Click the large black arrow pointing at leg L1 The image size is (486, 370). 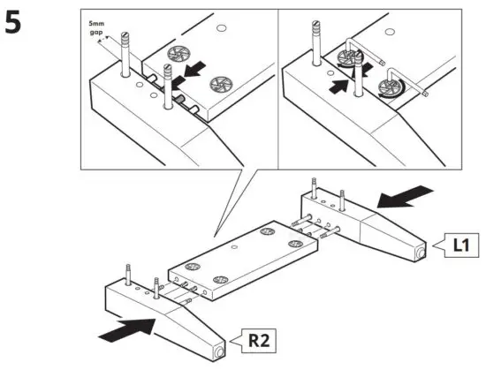pos(409,195)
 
